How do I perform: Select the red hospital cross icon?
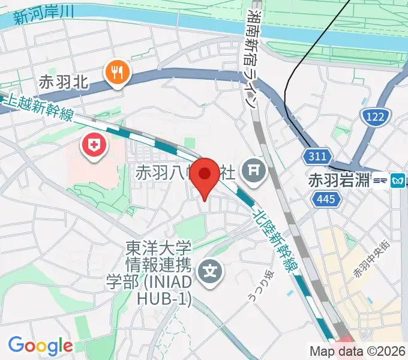point(94,145)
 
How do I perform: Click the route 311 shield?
point(317,157)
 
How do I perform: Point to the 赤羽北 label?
point(64,83)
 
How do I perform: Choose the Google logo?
point(40,346)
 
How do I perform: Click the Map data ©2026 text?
point(358,351)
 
